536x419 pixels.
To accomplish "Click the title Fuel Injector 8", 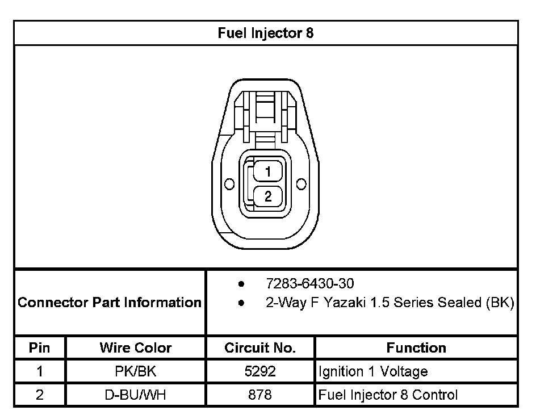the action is (265, 33).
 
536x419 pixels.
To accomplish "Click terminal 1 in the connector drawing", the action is (267, 171).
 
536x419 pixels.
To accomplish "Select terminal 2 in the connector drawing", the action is (267, 196).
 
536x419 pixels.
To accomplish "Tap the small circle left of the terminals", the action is (229, 185).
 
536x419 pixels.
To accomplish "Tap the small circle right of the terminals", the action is (301, 184).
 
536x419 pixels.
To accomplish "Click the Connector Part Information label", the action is (110, 302).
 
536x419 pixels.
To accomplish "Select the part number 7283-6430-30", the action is (310, 283).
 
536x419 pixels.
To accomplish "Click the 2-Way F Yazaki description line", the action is (390, 303).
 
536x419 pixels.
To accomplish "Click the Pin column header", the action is (40, 347).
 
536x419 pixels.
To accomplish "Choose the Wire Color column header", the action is (136, 347).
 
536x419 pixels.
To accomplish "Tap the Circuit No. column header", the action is (260, 347).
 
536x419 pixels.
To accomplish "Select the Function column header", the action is (416, 347).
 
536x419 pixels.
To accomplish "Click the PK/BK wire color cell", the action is (136, 372).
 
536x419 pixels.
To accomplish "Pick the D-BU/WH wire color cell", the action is (136, 395).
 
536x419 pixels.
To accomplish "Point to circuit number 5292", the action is (260, 372).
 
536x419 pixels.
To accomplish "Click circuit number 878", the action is (260, 395).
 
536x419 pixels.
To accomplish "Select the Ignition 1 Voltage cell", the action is (373, 372).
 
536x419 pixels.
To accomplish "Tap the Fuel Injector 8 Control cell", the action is (388, 395).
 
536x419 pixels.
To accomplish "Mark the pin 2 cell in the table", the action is (40, 395).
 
